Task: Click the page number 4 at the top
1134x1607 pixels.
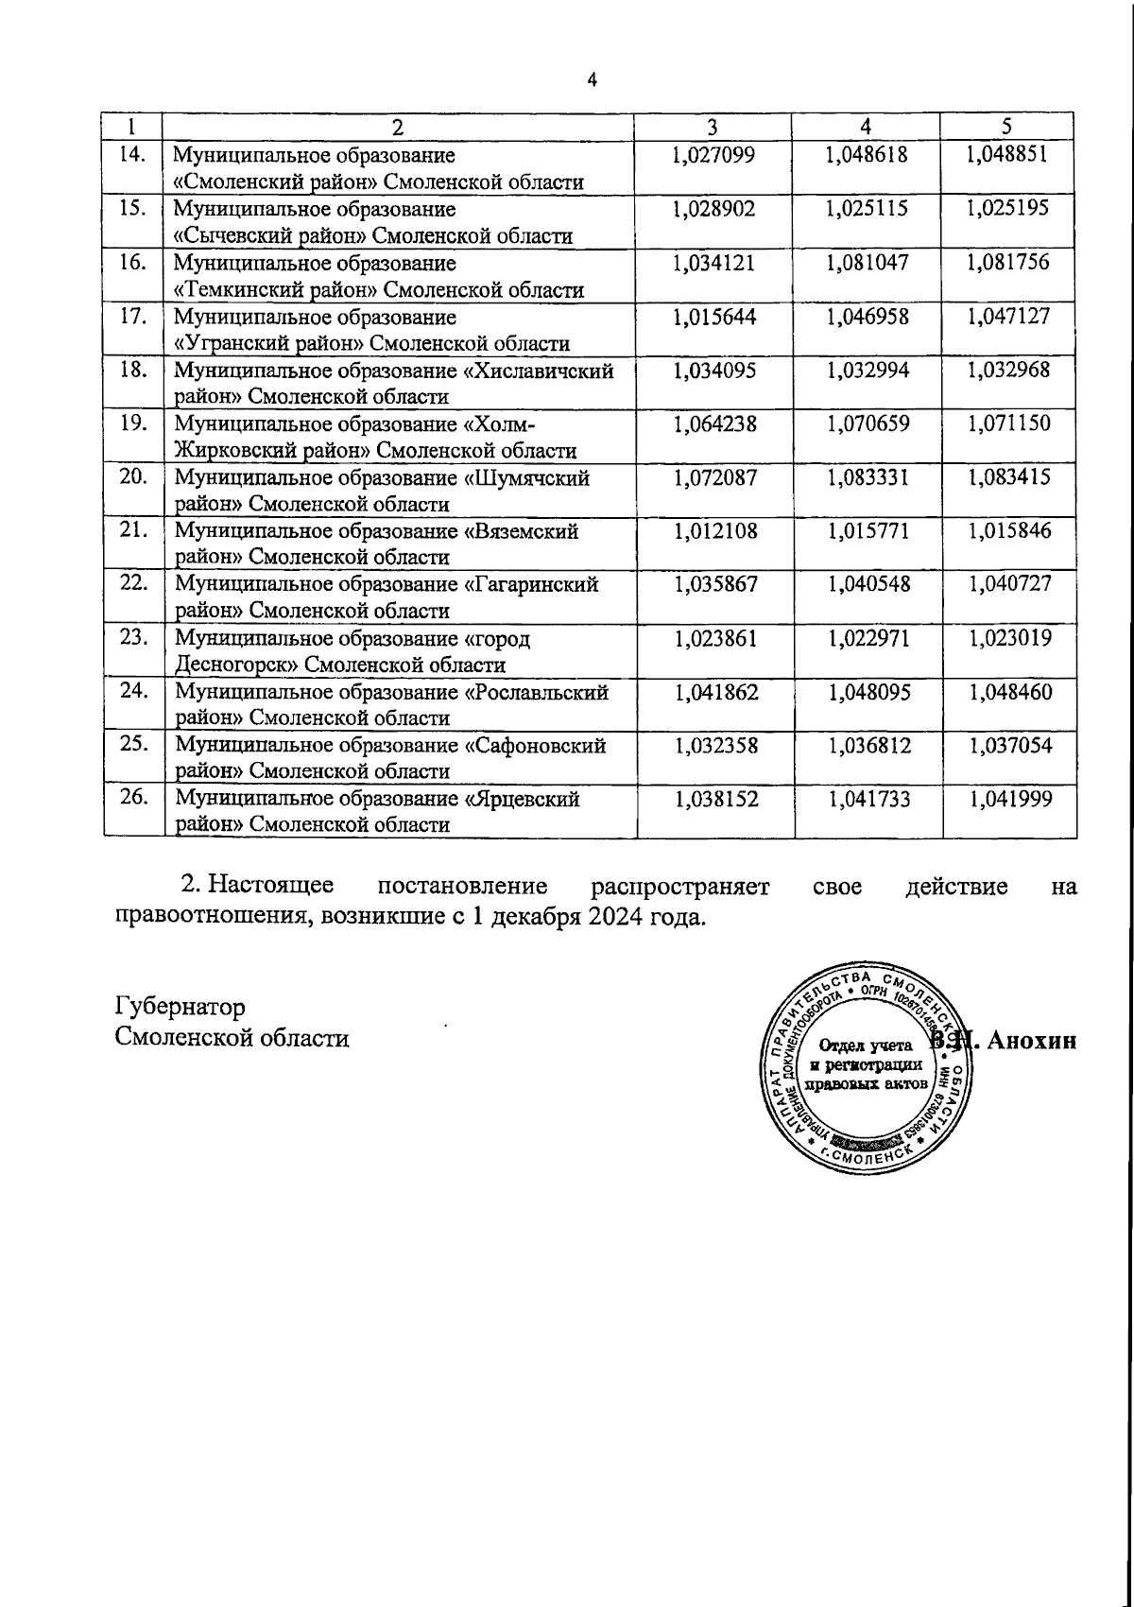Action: [593, 80]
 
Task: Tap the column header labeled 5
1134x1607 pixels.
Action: [1007, 127]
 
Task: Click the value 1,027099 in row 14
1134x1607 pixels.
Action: [714, 154]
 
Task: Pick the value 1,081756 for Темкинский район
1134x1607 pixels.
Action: [1008, 262]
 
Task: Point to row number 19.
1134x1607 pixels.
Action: [133, 423]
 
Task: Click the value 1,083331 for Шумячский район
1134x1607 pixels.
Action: [868, 477]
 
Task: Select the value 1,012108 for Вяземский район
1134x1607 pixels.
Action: [715, 531]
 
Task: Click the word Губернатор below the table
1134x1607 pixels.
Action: [180, 1005]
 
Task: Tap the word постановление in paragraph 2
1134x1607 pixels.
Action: [462, 887]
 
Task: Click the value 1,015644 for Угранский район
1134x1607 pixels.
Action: [715, 316]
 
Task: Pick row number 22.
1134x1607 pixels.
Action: [133, 583]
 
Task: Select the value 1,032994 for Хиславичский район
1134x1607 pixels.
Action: [868, 370]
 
